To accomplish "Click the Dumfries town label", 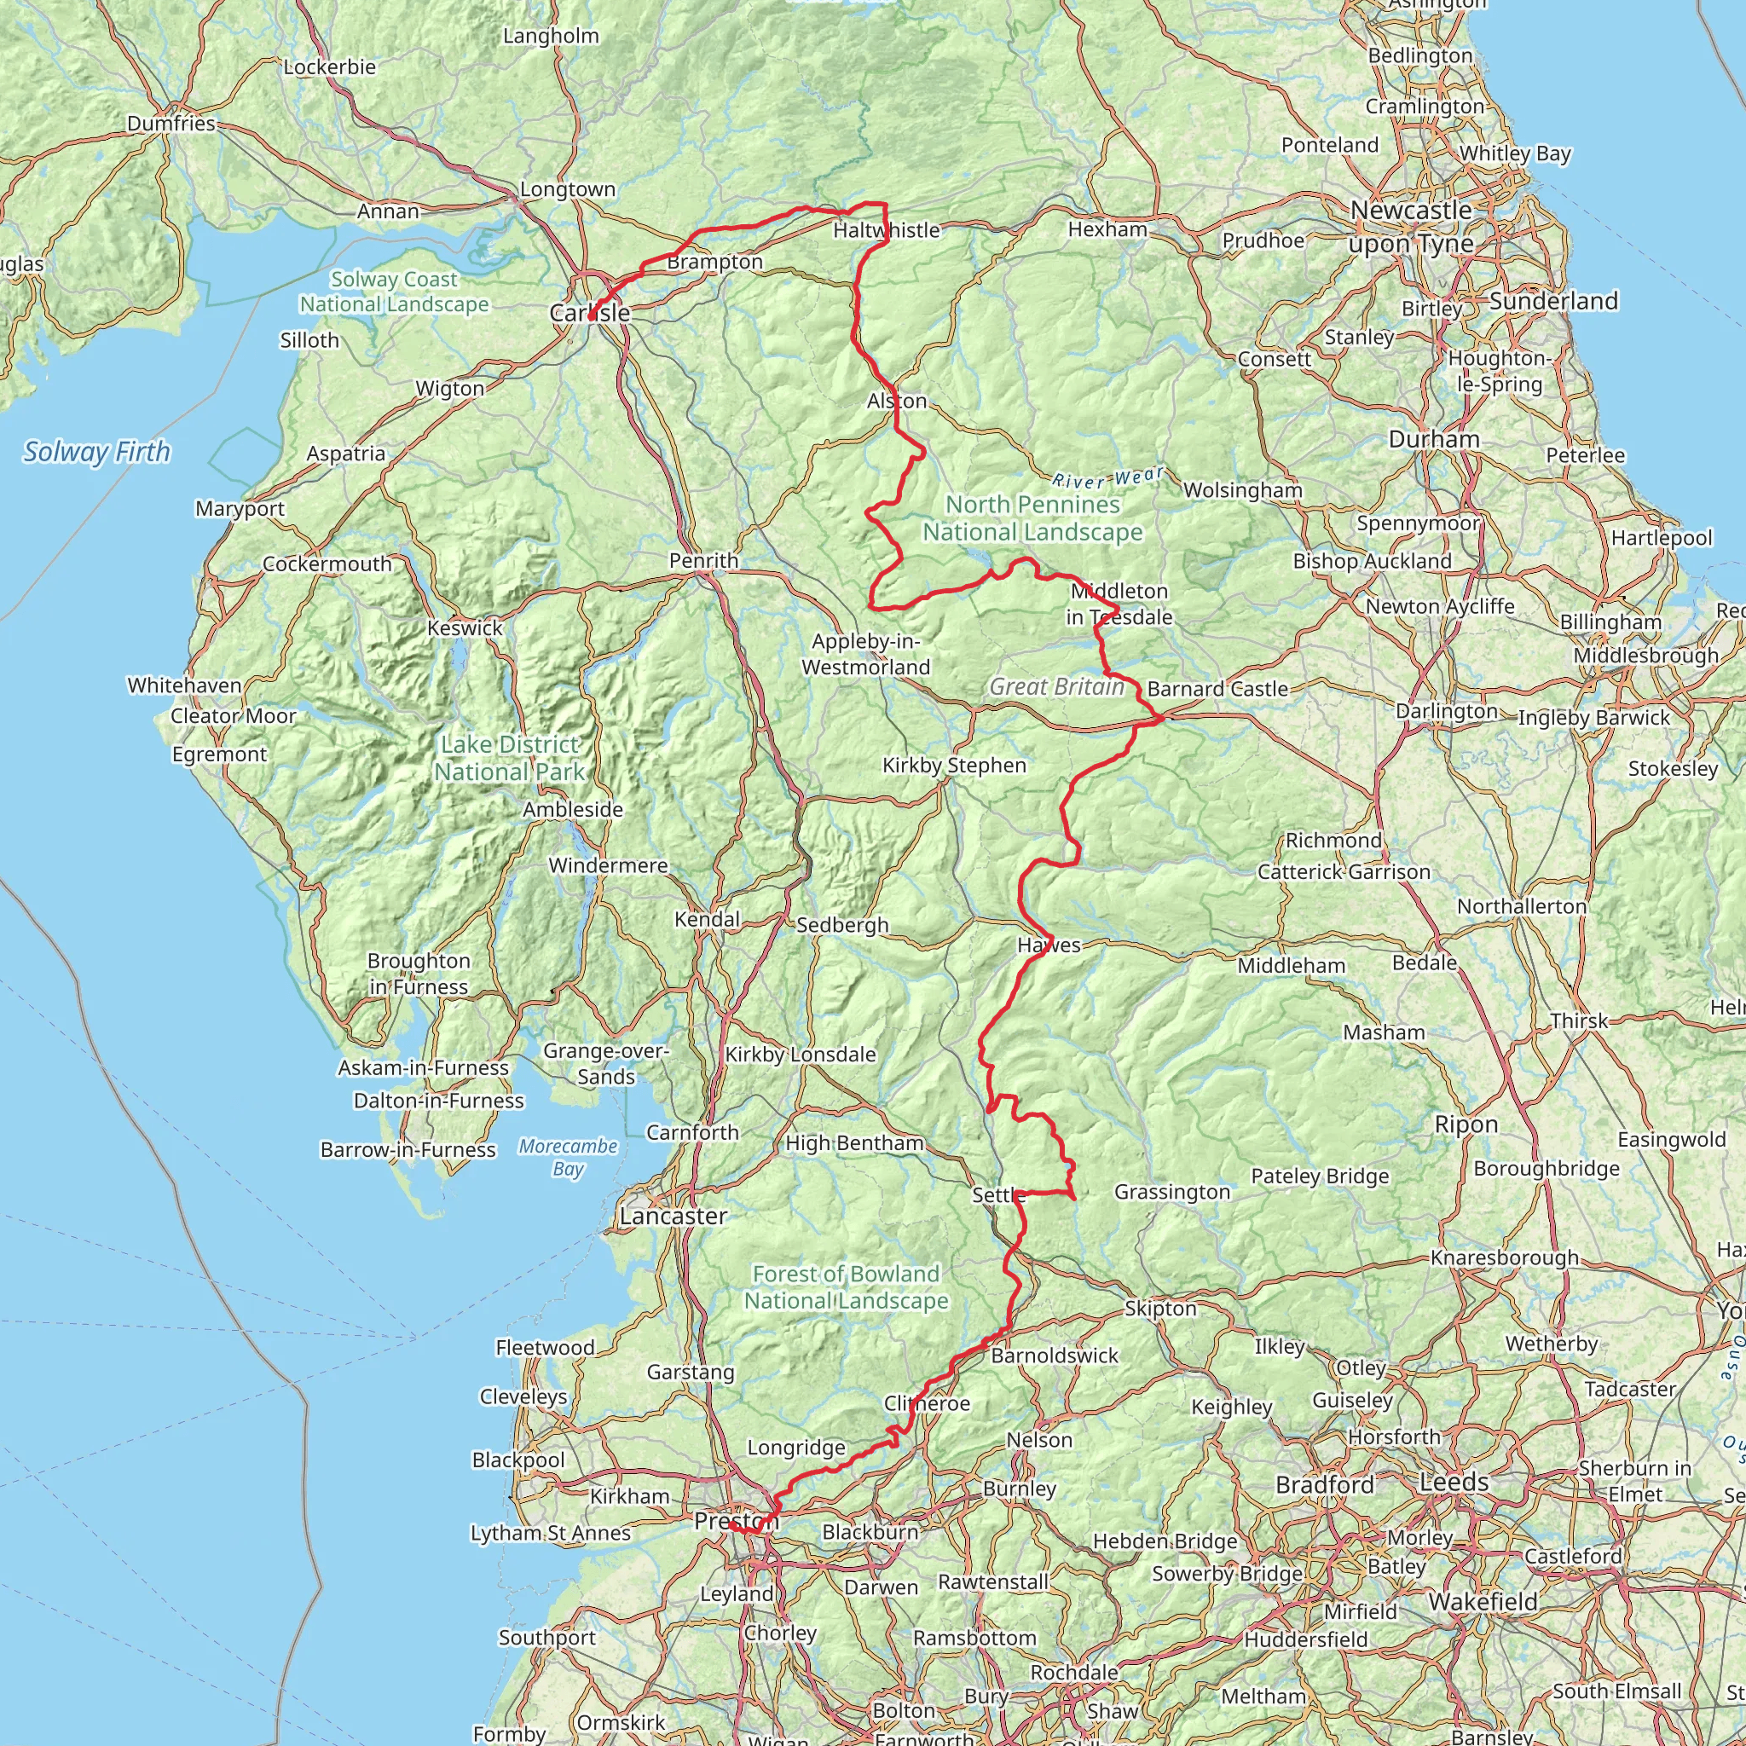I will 171,123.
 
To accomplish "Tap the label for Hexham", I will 1107,229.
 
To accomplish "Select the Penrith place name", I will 703,560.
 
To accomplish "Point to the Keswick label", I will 465,628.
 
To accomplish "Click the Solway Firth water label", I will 96,452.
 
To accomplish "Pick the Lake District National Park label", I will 510,758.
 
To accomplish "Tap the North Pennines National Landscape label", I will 1032,518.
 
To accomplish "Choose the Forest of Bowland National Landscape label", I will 846,1286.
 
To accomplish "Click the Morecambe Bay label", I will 568,1158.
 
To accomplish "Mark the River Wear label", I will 1108,477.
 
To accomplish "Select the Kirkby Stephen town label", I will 954,766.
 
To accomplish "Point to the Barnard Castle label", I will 1217,689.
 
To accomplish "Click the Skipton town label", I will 1160,1309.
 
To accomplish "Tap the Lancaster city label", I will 674,1217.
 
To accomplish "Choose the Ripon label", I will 1466,1124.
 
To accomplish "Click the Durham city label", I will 1434,439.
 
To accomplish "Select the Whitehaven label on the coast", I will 184,685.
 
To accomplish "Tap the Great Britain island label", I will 1056,687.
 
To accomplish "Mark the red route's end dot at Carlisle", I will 591,317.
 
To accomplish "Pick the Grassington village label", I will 1172,1192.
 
